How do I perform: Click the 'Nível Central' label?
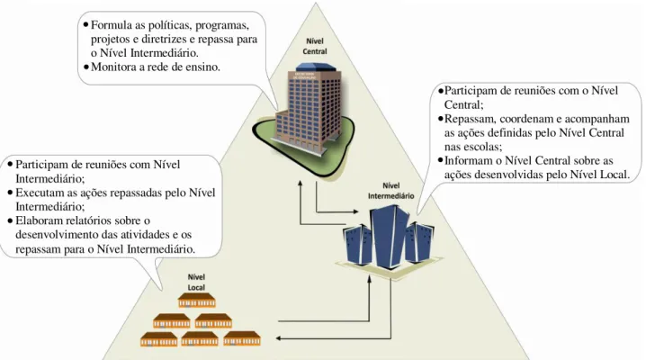pos(315,46)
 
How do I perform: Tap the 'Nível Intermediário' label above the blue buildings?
pos(391,191)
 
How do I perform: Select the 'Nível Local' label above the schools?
pos(196,283)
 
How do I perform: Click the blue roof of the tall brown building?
pos(314,67)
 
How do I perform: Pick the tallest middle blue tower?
pos(390,237)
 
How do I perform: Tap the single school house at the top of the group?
pos(196,301)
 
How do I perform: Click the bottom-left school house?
pos(158,339)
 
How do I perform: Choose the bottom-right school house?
pos(242,338)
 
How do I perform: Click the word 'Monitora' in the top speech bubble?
pos(113,67)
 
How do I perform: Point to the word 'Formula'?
pos(112,25)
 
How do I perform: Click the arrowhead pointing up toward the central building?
pos(301,184)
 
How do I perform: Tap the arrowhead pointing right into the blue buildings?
pos(355,211)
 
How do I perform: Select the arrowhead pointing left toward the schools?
pos(279,338)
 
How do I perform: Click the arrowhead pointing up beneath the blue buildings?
pos(369,279)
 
